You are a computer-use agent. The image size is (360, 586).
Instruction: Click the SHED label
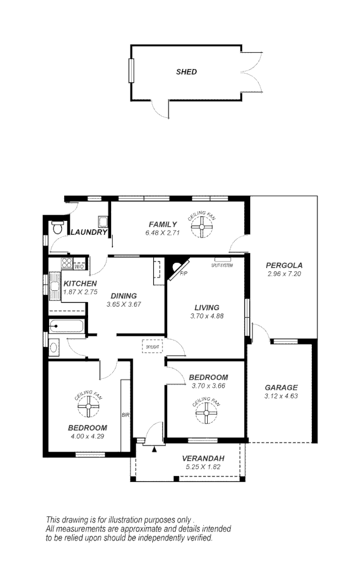pyautogui.click(x=187, y=72)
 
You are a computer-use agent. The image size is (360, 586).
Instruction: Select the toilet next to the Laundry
pyautogui.click(x=57, y=228)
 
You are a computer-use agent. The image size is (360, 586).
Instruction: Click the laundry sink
pyautogui.click(x=102, y=221)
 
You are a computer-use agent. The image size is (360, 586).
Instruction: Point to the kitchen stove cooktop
pyautogui.click(x=66, y=264)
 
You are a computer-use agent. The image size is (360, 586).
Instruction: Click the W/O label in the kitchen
pyautogui.click(x=80, y=267)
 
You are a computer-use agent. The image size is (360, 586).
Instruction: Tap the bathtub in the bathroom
pyautogui.click(x=66, y=328)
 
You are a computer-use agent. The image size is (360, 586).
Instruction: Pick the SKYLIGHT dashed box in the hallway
pyautogui.click(x=152, y=347)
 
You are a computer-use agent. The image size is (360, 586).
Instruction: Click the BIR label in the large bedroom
pyautogui.click(x=124, y=415)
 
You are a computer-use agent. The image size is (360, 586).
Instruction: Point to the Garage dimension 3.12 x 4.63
pyautogui.click(x=280, y=395)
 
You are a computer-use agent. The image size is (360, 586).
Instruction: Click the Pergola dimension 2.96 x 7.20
pyautogui.click(x=284, y=274)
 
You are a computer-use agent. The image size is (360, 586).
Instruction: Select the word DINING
pyautogui.click(x=124, y=296)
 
